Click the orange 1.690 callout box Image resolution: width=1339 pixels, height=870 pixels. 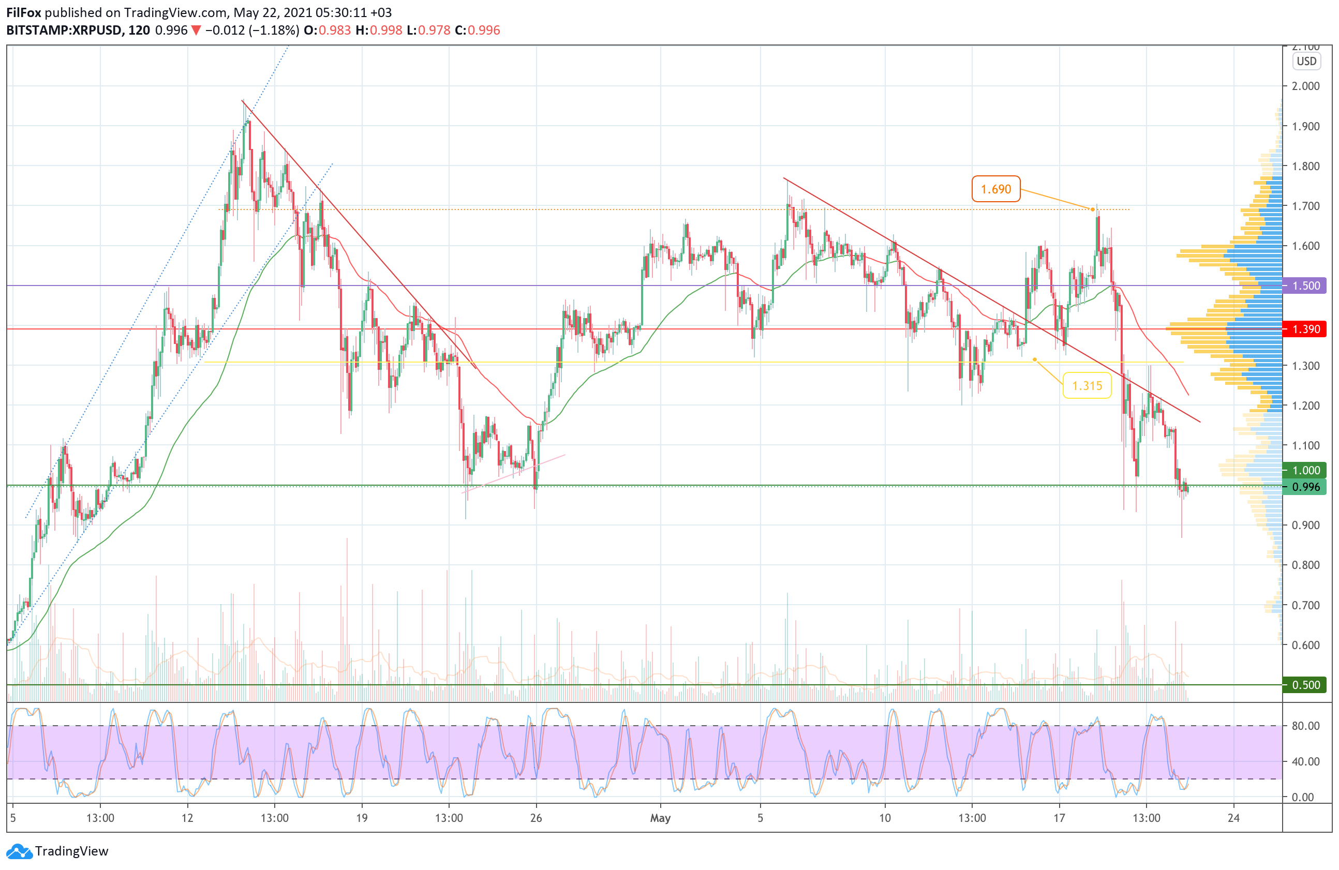pos(995,189)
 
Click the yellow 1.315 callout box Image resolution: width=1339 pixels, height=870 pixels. pos(1087,386)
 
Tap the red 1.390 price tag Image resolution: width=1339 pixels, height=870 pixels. pos(1305,329)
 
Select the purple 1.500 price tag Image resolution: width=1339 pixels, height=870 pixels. pos(1305,286)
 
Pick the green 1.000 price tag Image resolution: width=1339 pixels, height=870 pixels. pos(1305,470)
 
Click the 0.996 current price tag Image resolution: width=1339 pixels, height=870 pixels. pos(1305,487)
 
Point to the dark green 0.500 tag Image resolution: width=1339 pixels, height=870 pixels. pos(1305,685)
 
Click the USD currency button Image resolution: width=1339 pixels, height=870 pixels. pos(1306,62)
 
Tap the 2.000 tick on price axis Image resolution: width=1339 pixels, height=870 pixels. pos(1305,86)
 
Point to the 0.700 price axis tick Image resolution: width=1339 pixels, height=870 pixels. pos(1305,605)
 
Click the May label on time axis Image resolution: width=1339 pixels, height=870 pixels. pos(660,818)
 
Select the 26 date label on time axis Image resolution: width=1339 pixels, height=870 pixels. pos(535,818)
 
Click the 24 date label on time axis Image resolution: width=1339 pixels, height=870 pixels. pos(1233,818)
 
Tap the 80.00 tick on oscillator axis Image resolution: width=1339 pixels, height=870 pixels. pos(1305,726)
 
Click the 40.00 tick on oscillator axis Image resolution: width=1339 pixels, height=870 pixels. pos(1305,761)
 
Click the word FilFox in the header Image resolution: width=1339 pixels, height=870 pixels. pos(24,12)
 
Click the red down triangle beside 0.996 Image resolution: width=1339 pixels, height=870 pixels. pos(196,31)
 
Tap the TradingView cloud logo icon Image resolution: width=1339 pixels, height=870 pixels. pos(20,851)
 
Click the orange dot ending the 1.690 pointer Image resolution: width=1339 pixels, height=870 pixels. pos(1093,210)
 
